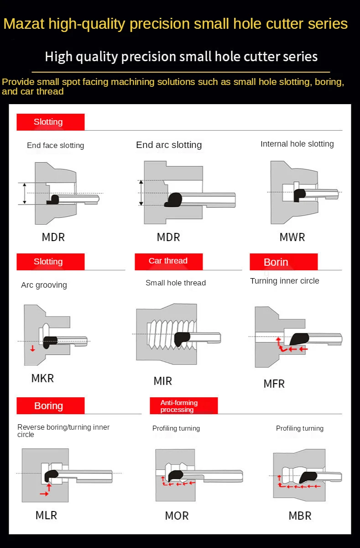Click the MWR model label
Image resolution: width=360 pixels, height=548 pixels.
[x=292, y=237]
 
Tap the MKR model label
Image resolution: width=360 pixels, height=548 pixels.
[x=42, y=378]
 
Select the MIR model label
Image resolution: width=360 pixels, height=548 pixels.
[x=163, y=381]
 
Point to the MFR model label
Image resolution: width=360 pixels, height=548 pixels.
[x=274, y=384]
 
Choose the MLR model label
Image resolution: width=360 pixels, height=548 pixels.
[x=47, y=515]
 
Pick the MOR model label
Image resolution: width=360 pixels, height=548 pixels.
[x=177, y=516]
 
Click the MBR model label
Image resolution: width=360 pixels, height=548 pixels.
[x=300, y=516]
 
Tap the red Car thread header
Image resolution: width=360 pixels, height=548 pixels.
[x=168, y=261]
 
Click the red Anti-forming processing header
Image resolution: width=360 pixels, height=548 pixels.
[x=183, y=406]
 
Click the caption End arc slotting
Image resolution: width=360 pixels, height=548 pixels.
[x=169, y=145]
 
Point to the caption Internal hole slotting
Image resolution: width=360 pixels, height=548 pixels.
[x=297, y=144]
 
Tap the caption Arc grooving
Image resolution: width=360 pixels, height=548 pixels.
[x=44, y=285]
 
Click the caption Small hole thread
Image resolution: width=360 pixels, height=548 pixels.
[x=176, y=283]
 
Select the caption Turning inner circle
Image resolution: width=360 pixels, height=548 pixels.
[x=285, y=281]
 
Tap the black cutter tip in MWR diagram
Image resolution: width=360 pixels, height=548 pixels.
[x=299, y=194]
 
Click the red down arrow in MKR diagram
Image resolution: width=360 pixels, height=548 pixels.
[x=32, y=349]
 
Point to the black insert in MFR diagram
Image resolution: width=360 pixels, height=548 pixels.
[x=299, y=338]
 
